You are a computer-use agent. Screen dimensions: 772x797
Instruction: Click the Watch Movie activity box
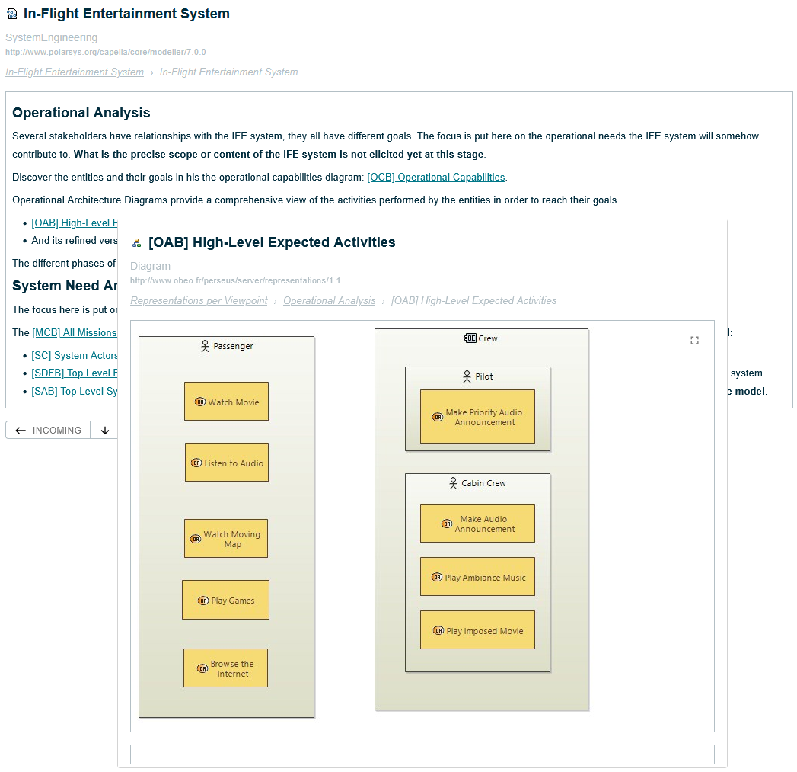(x=226, y=402)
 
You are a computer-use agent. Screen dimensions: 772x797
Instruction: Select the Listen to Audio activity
(x=226, y=463)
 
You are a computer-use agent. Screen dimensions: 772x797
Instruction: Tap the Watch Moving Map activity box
(x=226, y=539)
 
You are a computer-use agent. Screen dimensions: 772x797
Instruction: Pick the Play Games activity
(x=225, y=600)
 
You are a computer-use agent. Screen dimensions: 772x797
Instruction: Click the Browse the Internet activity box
(x=225, y=668)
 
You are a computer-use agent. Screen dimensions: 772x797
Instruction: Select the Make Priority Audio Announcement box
(x=477, y=417)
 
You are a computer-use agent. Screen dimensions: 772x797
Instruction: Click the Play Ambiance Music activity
(x=477, y=577)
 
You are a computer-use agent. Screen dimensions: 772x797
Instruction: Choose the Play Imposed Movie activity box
(x=477, y=630)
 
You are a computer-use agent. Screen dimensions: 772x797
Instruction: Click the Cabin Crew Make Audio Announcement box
(x=477, y=524)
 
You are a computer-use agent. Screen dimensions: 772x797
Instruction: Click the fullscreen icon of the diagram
(x=694, y=341)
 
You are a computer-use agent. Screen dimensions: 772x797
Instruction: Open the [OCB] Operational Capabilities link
(x=436, y=177)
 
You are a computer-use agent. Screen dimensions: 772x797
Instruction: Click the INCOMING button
(x=48, y=431)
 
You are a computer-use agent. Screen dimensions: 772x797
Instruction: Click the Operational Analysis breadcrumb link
(x=329, y=301)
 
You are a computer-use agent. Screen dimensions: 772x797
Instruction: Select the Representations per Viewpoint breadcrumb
(x=199, y=301)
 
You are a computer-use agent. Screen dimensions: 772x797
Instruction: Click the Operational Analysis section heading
(x=81, y=113)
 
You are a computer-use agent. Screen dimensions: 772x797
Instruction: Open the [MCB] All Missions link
(x=75, y=332)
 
